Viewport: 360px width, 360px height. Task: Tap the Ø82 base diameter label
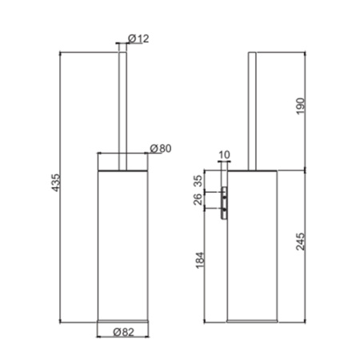tap(122, 331)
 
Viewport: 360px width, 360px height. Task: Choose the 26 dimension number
tap(199, 199)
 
